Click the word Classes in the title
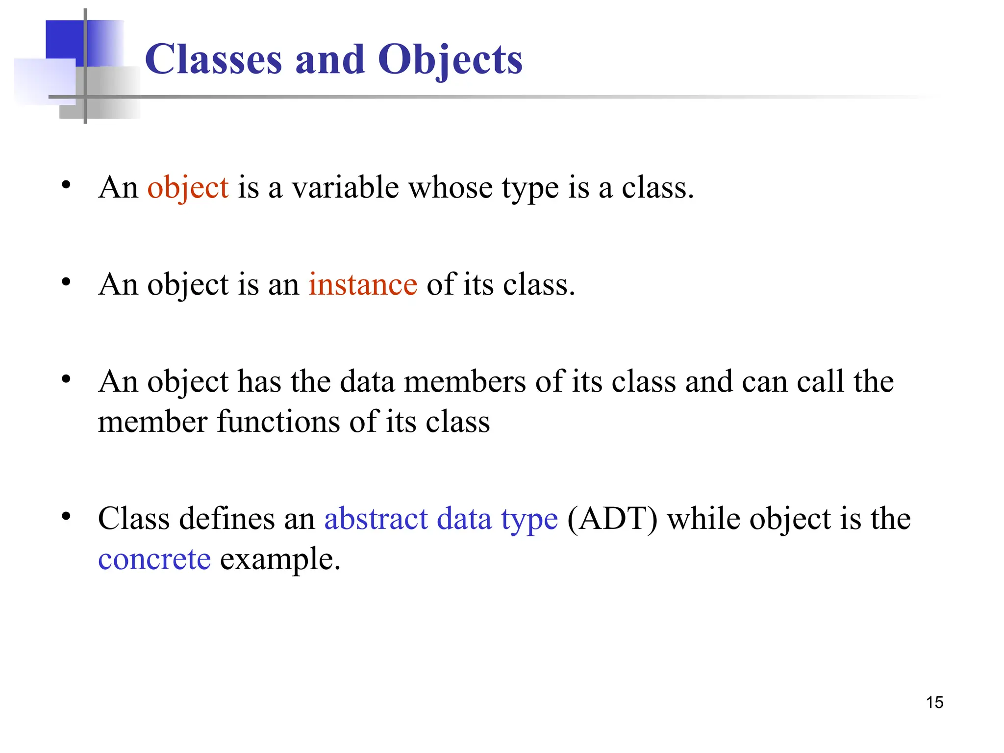click(213, 59)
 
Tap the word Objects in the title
click(450, 60)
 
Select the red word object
click(188, 188)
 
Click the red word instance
click(363, 284)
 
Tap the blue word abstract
click(376, 519)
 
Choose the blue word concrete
click(154, 559)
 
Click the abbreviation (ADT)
click(612, 519)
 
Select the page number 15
click(934, 703)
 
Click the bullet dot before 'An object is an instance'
click(66, 282)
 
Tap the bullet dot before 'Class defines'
click(66, 516)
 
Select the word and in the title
click(329, 59)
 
